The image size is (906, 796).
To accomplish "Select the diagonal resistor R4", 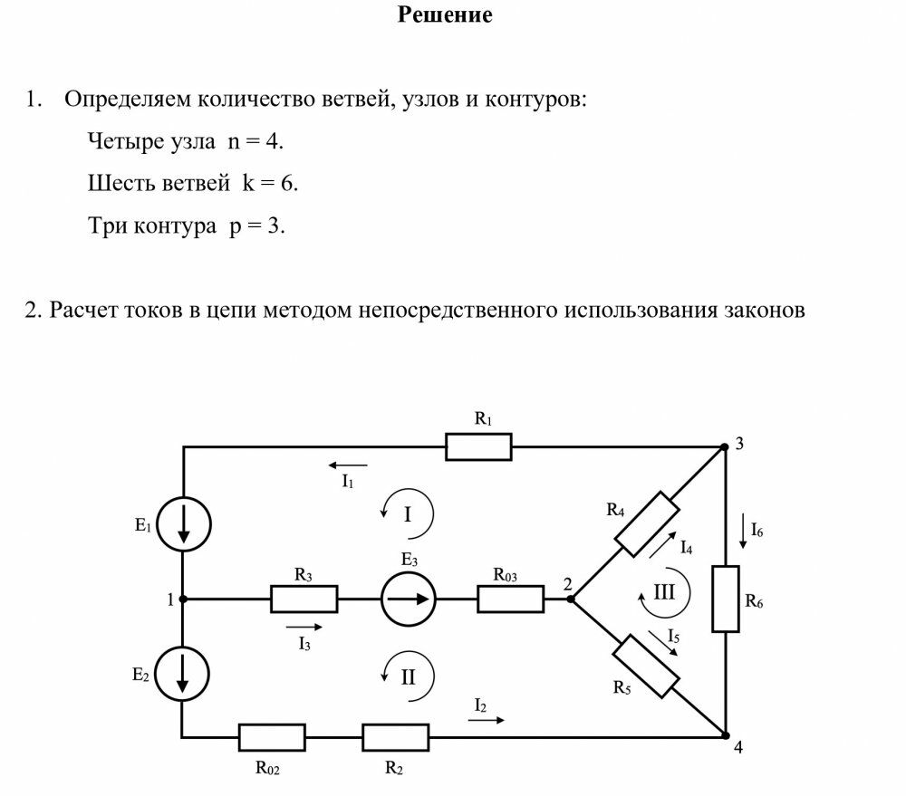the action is click(647, 524).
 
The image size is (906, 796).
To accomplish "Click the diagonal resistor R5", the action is click(645, 666).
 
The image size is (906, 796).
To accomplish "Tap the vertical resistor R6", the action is click(725, 599).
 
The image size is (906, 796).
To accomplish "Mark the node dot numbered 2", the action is click(571, 599).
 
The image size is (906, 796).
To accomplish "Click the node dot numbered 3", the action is click(724, 446).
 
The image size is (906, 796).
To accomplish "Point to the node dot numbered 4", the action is click(725, 735).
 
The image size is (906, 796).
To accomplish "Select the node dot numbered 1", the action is click(183, 599).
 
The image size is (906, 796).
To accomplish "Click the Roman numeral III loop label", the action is click(664, 592).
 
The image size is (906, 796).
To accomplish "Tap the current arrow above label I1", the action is click(347, 465).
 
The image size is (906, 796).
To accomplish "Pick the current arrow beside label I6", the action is click(743, 531).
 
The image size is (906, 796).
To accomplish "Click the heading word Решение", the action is click(445, 15).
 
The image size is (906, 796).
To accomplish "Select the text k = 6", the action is click(270, 183).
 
